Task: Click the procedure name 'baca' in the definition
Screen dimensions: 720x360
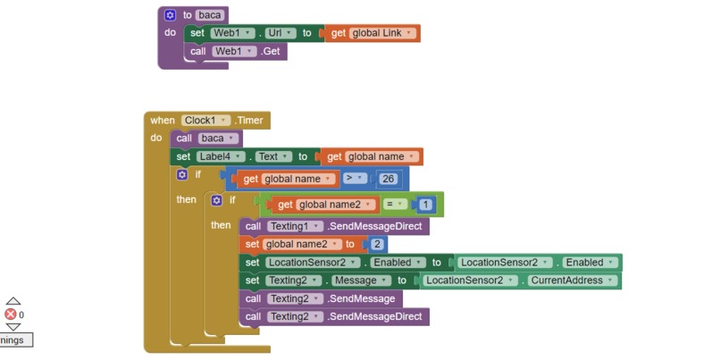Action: coord(210,15)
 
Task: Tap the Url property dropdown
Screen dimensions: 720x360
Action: coord(280,33)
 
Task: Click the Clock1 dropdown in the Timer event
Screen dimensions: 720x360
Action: coord(205,121)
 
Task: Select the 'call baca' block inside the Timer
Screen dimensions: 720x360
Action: coord(206,138)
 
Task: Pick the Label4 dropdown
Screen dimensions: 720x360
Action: coord(221,156)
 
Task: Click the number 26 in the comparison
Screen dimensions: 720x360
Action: coord(388,179)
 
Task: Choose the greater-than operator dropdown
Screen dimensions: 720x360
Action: coord(355,179)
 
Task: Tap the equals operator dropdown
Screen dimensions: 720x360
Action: coord(396,205)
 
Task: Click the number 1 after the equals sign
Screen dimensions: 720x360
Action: coord(425,205)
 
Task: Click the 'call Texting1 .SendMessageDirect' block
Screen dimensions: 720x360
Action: coord(334,226)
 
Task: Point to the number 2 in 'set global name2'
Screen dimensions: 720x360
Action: coord(377,244)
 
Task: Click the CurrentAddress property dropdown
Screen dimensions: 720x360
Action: coord(572,280)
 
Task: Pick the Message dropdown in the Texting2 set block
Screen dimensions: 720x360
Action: coord(361,280)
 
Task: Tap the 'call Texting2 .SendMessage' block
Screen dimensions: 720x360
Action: coord(321,299)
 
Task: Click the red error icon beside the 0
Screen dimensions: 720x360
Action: coord(11,314)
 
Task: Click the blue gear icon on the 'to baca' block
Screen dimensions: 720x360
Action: coord(170,15)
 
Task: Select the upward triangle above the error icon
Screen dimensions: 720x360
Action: coord(13,301)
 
